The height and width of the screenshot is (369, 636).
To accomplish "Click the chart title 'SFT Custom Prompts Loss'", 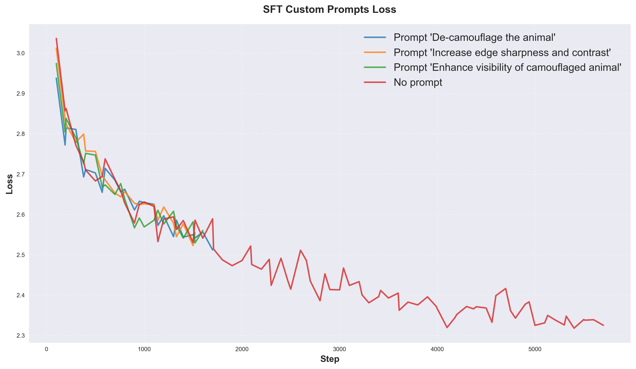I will click(x=329, y=10).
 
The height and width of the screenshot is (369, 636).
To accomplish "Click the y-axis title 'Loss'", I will click(x=10, y=184).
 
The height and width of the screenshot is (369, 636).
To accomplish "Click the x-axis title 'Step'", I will click(x=330, y=359).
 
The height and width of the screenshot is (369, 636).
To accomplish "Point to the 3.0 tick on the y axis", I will click(x=21, y=53).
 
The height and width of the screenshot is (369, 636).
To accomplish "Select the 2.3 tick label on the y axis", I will click(x=21, y=335).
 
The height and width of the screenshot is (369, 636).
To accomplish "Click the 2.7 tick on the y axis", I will click(x=21, y=174).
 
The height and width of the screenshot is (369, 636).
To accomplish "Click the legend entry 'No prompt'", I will click(x=418, y=82).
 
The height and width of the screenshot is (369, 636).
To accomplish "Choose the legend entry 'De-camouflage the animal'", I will click(x=474, y=37).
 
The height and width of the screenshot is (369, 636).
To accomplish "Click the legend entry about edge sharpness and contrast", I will click(x=502, y=53).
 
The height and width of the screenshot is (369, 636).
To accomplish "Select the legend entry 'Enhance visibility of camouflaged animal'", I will click(x=507, y=67).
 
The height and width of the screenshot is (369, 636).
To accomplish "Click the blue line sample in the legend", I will click(x=375, y=37).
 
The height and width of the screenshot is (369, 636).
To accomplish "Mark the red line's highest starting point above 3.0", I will click(x=56, y=38).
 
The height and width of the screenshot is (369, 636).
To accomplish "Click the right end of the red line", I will click(x=603, y=325).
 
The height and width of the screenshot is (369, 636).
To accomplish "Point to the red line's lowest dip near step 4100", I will click(x=447, y=328).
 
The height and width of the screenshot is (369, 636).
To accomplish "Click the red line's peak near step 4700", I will click(x=506, y=288).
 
